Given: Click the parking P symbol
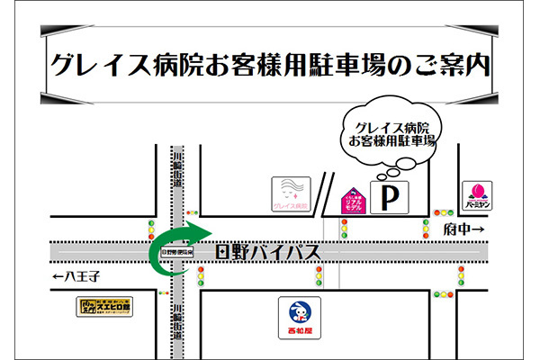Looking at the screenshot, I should pyautogui.click(x=389, y=197).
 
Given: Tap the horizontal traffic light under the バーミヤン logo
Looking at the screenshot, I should pyautogui.click(x=443, y=213).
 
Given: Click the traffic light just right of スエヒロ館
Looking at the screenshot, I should pyautogui.click(x=164, y=293).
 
